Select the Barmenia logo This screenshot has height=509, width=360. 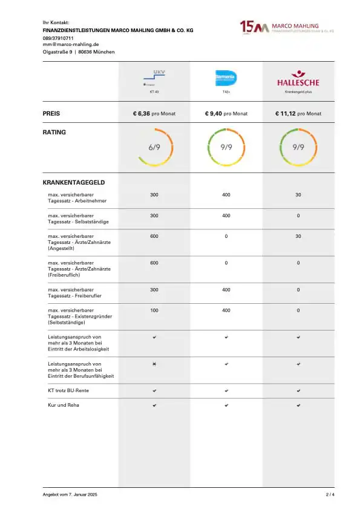pyautogui.click(x=226, y=77)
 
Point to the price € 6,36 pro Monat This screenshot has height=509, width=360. pyautogui.click(x=154, y=113)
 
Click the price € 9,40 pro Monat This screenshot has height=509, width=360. pyautogui.click(x=226, y=113)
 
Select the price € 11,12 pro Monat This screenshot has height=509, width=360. pyautogui.click(x=298, y=113)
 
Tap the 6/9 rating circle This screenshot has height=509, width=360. pyautogui.click(x=154, y=147)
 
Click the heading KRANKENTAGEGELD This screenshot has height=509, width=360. pyautogui.click(x=74, y=182)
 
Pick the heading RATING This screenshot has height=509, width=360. pyautogui.click(x=54, y=131)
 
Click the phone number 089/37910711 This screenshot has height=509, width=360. pyautogui.click(x=59, y=38)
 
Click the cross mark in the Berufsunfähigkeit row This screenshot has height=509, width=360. pyautogui.click(x=154, y=364)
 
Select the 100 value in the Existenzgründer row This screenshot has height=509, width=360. pyautogui.click(x=154, y=310)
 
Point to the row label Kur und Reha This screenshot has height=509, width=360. pyautogui.click(x=64, y=405)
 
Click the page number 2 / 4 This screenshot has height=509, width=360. pyautogui.click(x=330, y=495)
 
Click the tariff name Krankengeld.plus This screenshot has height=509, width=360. pyautogui.click(x=298, y=92)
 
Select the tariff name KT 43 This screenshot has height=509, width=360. pyautogui.click(x=154, y=92)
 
